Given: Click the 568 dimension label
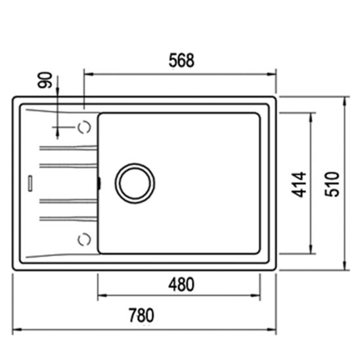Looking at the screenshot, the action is (x=181, y=60).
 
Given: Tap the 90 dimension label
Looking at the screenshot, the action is (x=45, y=80).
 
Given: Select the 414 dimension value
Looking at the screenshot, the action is (x=299, y=185).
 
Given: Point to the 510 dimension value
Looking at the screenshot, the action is (x=332, y=184).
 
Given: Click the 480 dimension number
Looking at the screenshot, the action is (x=181, y=284).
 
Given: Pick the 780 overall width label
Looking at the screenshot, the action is (x=141, y=315).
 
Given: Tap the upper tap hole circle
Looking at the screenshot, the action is (x=84, y=127).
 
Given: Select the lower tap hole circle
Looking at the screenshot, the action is (x=84, y=239).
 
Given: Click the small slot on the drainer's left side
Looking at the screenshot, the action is (x=30, y=183).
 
